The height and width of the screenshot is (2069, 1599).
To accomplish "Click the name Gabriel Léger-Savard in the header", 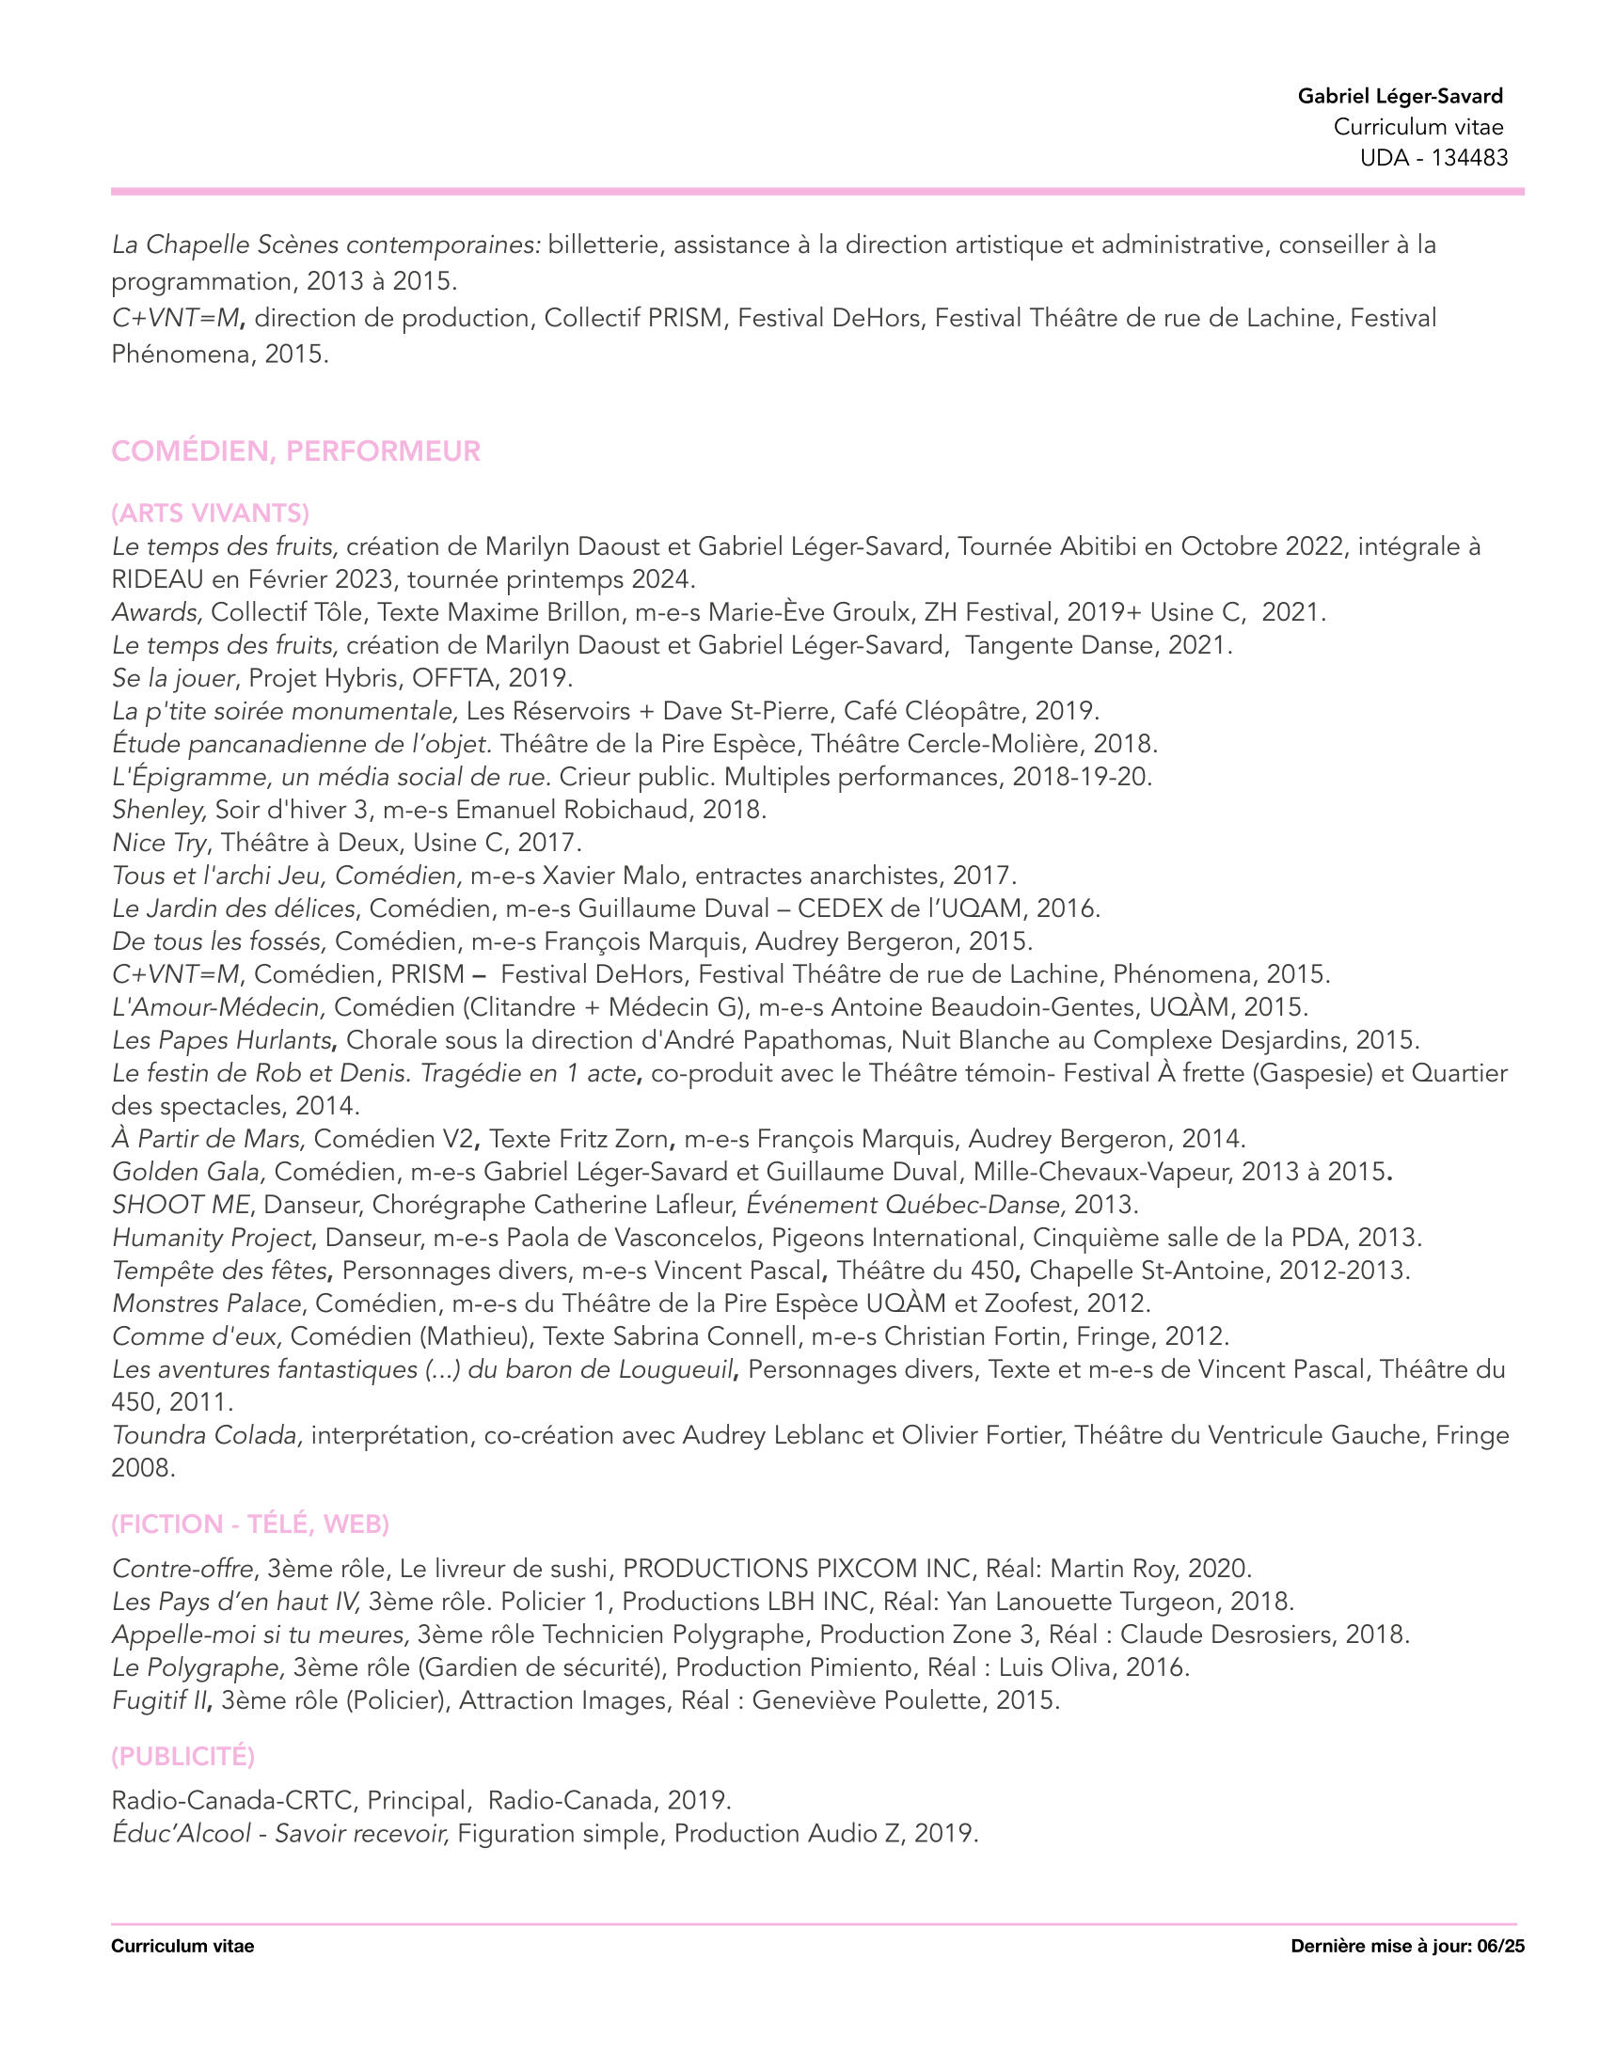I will [1400, 96].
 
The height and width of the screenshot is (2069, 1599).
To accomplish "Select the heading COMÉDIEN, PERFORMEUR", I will [295, 451].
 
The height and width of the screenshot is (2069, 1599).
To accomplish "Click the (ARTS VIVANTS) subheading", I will [211, 513].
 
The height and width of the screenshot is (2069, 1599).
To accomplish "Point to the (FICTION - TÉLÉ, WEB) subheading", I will [250, 1524].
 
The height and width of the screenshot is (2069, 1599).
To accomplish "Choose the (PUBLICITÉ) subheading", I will [182, 1757].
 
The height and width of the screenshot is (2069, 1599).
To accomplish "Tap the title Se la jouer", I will [172, 678].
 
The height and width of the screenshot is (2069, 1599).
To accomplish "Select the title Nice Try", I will [158, 843].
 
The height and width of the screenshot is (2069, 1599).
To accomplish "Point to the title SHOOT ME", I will [181, 1205].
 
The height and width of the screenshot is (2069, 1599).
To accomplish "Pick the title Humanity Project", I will [212, 1239].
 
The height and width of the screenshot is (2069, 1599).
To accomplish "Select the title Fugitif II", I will [159, 1700].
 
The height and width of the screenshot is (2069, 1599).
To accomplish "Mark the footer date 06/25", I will [1500, 1946].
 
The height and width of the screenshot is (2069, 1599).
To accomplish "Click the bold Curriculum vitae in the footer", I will [182, 1946].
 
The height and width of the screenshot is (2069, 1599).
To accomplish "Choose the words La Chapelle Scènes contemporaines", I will [325, 245].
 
